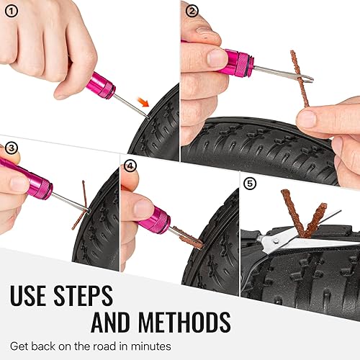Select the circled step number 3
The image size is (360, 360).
(x=10, y=148)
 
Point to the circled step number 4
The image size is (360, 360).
(x=130, y=165)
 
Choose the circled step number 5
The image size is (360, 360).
(x=249, y=184)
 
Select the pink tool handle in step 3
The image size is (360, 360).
(x=30, y=180)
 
